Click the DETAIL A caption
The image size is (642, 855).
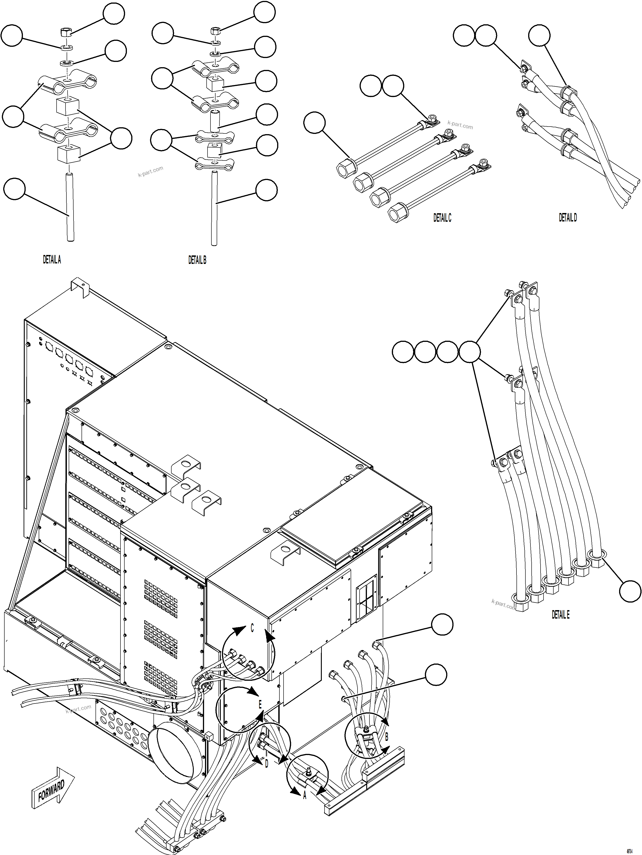(52, 260)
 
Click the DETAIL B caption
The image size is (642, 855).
(197, 260)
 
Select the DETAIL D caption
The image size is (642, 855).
(568, 218)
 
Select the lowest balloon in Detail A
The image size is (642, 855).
(14, 189)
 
